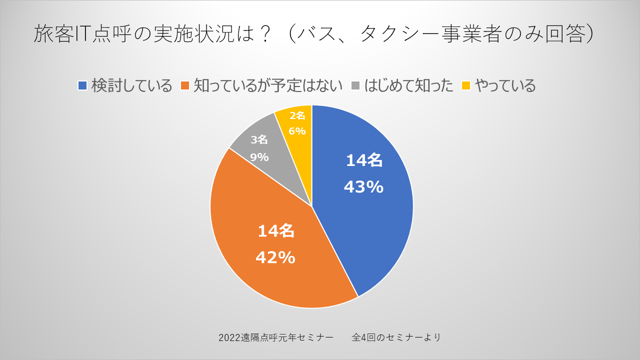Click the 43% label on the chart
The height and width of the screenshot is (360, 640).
[x=363, y=187]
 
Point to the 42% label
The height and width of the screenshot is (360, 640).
[x=275, y=257]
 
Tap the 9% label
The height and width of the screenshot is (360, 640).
[x=259, y=157]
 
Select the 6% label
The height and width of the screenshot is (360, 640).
[x=297, y=131]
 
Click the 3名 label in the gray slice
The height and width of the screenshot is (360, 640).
[x=259, y=140]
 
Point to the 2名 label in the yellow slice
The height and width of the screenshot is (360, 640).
[x=297, y=116]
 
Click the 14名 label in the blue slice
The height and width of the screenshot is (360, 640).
[x=364, y=160]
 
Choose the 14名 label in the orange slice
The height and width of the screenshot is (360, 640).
[x=275, y=231]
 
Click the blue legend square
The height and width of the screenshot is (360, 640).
[x=82, y=85]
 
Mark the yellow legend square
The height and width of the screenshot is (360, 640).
[x=466, y=85]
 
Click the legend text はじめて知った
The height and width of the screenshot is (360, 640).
[x=409, y=85]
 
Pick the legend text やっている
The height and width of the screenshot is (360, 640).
[x=505, y=85]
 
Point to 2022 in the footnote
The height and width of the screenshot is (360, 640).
[x=229, y=337]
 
